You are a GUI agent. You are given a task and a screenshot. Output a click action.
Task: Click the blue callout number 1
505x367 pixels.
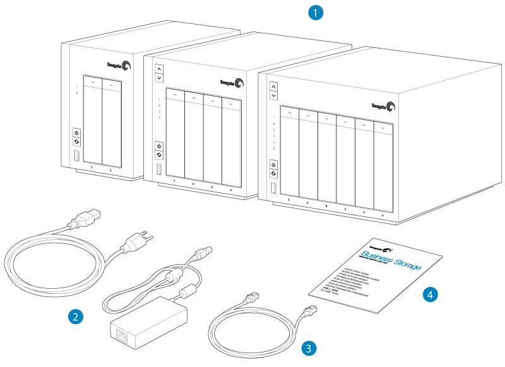click(314, 12)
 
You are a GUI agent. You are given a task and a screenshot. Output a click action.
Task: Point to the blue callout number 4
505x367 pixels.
click(431, 293)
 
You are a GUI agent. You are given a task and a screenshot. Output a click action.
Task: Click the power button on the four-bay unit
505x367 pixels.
click(159, 146)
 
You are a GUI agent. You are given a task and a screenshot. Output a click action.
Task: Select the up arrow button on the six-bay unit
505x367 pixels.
click(273, 85)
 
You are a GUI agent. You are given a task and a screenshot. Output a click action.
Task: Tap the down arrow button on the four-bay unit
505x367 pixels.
click(159, 78)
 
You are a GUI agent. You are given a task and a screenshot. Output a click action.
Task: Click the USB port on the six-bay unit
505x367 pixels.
click(274, 189)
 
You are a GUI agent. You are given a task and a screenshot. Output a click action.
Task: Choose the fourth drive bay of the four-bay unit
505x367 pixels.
click(231, 139)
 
